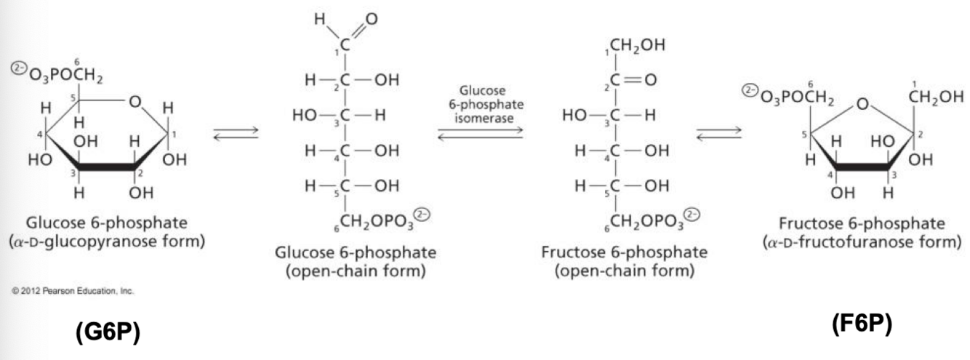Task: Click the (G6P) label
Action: [108, 332]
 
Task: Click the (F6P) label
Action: [860, 324]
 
